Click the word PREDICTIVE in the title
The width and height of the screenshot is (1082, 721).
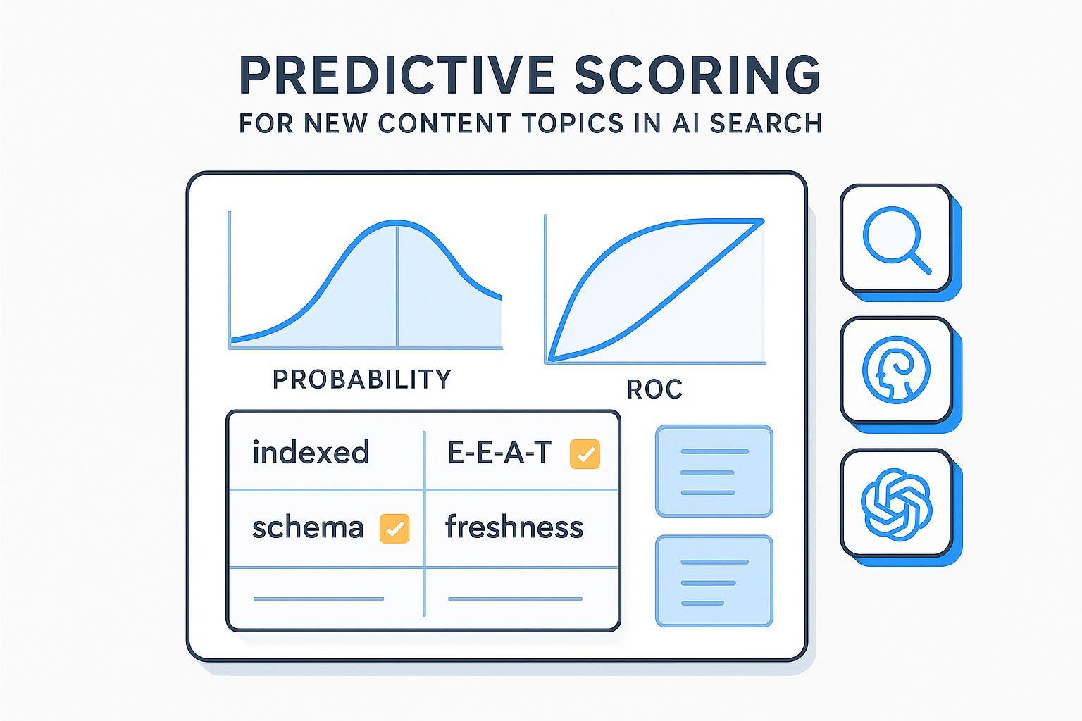point(397,74)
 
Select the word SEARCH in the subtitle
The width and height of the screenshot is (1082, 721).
point(766,123)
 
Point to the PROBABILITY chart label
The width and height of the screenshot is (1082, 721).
point(361,380)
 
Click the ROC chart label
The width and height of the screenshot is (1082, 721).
point(654,389)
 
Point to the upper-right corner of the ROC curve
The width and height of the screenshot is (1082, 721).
point(762,222)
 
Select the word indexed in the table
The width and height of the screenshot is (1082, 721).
point(311,453)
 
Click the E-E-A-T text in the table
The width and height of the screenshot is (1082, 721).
point(499,453)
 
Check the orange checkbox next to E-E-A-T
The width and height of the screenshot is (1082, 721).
point(585,454)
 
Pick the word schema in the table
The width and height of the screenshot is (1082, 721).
point(308,527)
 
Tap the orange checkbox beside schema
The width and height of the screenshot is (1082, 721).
point(394,528)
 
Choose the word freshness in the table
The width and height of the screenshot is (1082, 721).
point(514,527)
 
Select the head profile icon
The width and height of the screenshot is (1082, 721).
point(896,370)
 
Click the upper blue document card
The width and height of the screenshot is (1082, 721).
point(714,471)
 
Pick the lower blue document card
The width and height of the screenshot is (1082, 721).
point(714,581)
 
